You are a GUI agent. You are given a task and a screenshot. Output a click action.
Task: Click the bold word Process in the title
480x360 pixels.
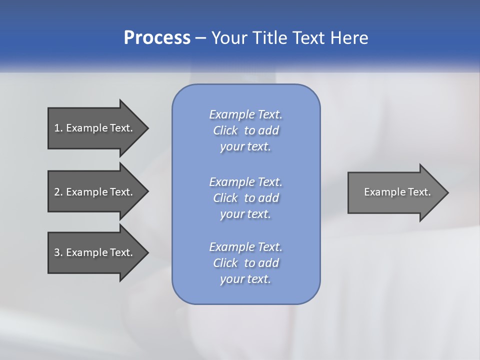(157, 38)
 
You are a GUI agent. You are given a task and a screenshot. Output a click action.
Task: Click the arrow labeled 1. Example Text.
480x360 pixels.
(95, 128)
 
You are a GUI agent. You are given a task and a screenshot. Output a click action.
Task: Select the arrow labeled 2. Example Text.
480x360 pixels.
(95, 192)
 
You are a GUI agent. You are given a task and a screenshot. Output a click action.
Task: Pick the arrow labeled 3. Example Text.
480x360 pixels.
(95, 252)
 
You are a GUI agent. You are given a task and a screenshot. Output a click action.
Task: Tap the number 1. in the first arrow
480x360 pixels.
(58, 128)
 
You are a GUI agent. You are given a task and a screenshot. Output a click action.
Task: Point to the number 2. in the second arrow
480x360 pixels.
(58, 192)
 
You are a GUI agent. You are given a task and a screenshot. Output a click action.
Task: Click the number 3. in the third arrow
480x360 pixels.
(58, 252)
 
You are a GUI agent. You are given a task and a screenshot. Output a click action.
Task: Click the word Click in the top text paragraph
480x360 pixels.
(225, 130)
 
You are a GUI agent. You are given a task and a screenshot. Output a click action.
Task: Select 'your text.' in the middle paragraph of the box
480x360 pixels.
(245, 214)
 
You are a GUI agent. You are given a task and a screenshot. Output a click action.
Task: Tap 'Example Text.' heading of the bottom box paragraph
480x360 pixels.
(245, 247)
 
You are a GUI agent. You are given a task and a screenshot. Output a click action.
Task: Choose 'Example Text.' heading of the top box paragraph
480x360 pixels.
(245, 114)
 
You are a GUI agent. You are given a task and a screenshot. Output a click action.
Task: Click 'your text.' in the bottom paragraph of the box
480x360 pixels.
(245, 279)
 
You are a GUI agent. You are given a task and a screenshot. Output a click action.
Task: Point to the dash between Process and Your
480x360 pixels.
(200, 38)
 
